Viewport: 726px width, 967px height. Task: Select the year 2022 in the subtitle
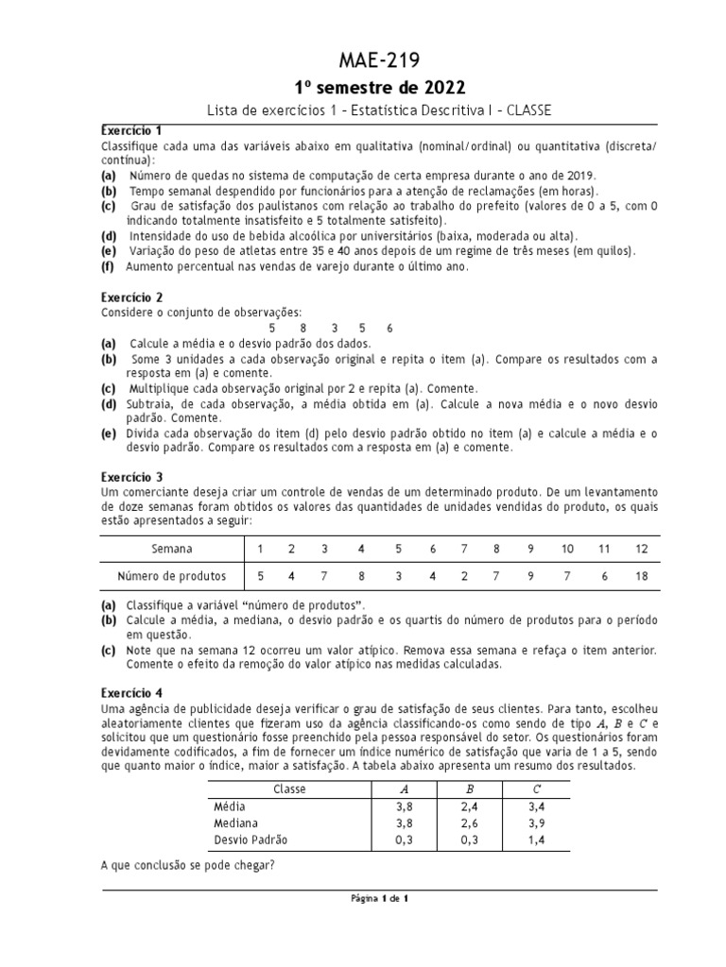pos(441,89)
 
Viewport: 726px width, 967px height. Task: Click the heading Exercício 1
pos(132,129)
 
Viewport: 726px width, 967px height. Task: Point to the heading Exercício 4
pos(132,691)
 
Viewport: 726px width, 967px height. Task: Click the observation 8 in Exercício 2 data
pos(302,328)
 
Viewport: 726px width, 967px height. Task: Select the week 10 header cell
pos(568,549)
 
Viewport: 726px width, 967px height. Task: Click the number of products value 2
pos(464,575)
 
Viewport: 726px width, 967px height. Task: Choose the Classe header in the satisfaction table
pos(284,789)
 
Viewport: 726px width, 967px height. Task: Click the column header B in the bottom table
pos(469,789)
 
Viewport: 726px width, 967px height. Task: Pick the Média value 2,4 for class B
pos(469,806)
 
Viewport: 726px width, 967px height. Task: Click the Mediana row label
pos(237,823)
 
